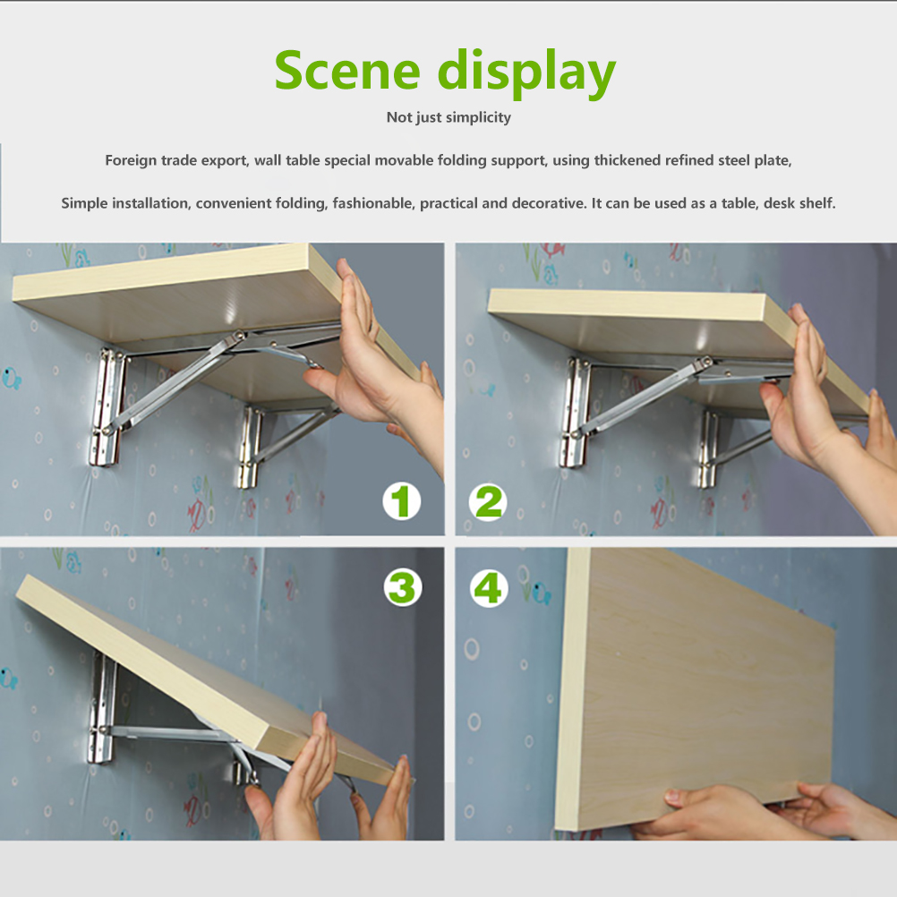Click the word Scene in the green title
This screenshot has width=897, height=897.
347,71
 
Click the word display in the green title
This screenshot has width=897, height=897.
526,73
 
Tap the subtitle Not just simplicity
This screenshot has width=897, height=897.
448,117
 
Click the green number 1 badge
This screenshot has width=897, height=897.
402,501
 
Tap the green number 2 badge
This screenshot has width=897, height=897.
487,503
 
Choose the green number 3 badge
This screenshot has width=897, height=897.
403,587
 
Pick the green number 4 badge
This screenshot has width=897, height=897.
489,589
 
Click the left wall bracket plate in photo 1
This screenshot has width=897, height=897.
107,407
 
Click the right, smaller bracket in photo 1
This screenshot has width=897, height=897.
250,448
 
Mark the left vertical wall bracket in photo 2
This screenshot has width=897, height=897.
575,413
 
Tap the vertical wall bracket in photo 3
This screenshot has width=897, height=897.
102,708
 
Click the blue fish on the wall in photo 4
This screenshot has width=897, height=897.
542,594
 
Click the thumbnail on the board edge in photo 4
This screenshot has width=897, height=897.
679,795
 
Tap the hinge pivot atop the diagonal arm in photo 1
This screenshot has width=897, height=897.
235,338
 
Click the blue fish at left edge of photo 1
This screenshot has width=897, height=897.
12,379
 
